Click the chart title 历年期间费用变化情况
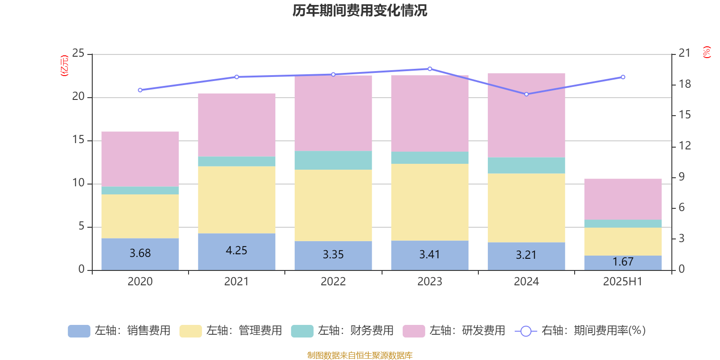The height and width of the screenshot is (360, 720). pyautogui.click(x=360, y=10)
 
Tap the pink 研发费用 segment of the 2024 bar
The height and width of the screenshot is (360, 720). pyautogui.click(x=526, y=115)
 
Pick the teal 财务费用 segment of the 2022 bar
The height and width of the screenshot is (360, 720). pyautogui.click(x=333, y=160)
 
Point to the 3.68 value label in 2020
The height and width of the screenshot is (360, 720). pyautogui.click(x=140, y=253)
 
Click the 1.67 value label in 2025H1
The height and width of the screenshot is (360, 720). pyautogui.click(x=623, y=262)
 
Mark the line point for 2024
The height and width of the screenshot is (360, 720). pyautogui.click(x=526, y=94)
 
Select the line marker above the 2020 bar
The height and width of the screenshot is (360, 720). pyautogui.click(x=140, y=90)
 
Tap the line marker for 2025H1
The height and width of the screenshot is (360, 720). pyautogui.click(x=623, y=77)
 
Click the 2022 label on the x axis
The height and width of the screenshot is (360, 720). pyautogui.click(x=333, y=282)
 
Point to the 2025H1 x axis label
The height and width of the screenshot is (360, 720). pyautogui.click(x=623, y=282)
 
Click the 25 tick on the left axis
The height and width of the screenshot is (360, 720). pyautogui.click(x=78, y=54)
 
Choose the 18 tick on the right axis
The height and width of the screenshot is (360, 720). pyautogui.click(x=684, y=84)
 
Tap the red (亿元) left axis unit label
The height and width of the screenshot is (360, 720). pyautogui.click(x=64, y=66)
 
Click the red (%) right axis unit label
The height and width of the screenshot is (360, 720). pyautogui.click(x=706, y=52)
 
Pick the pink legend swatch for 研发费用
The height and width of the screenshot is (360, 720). pyautogui.click(x=414, y=331)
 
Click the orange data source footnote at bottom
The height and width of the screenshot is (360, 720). pyautogui.click(x=360, y=355)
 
